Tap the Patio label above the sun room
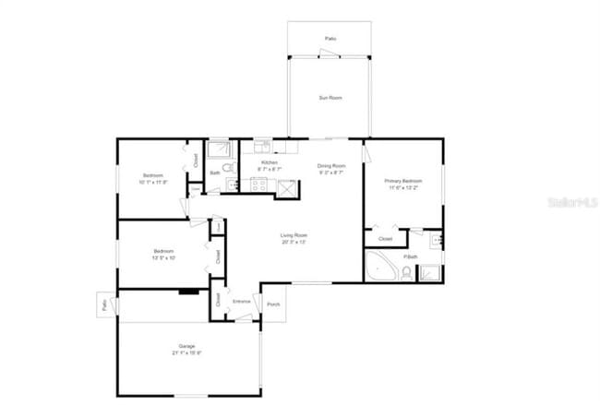click(330, 39)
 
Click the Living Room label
click(294, 236)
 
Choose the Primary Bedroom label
click(403, 181)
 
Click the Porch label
click(273, 304)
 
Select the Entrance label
click(242, 302)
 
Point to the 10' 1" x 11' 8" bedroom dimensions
click(152, 182)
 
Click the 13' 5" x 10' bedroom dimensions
click(164, 257)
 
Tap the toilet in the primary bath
click(406, 271)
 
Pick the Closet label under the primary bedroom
click(385, 240)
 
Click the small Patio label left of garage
click(103, 305)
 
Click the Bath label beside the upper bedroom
click(215, 173)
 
